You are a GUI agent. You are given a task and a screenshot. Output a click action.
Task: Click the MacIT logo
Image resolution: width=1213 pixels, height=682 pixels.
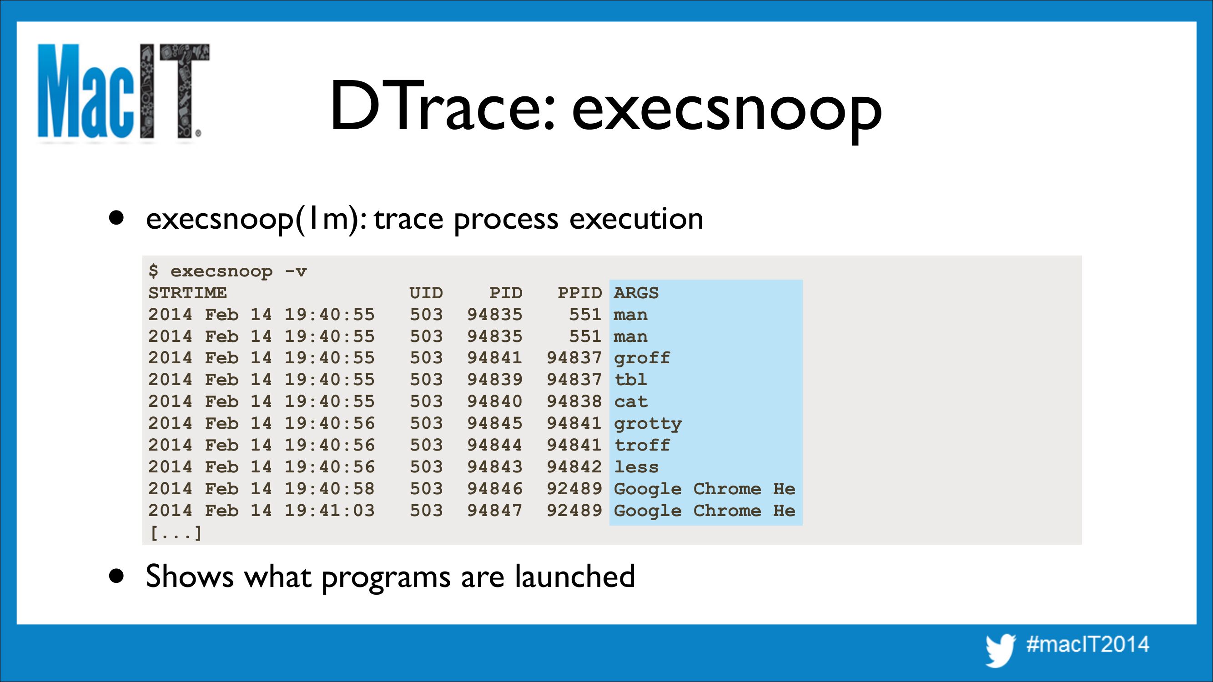point(123,92)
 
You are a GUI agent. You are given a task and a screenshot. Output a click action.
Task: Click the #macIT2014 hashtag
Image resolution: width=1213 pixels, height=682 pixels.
point(1088,644)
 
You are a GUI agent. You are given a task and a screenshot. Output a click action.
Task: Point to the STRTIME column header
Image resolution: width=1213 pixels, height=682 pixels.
point(187,293)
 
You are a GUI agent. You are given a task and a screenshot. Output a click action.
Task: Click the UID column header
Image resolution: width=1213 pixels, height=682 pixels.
point(426,293)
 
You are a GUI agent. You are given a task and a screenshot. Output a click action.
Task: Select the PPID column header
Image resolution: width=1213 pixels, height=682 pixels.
point(579,293)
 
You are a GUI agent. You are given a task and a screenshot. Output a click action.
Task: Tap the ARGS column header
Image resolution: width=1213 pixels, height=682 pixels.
point(636,293)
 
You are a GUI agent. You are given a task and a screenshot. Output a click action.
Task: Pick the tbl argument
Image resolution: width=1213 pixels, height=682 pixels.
point(630,380)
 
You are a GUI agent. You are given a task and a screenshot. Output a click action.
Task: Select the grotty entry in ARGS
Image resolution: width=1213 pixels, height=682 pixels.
point(648,424)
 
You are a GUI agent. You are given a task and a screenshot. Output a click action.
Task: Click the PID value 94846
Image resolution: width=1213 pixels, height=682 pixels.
point(494,489)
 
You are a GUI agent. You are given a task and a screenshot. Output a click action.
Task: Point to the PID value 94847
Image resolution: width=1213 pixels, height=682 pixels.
point(494,511)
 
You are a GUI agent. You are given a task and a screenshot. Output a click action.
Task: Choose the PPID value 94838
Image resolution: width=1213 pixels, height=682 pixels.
point(574,401)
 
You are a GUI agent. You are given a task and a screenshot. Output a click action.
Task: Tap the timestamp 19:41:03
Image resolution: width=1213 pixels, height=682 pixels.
point(329,511)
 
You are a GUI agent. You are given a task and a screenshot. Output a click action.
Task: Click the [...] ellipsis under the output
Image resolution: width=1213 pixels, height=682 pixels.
point(176,533)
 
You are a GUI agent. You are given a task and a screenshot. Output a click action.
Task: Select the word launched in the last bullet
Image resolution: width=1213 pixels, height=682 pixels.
point(574,576)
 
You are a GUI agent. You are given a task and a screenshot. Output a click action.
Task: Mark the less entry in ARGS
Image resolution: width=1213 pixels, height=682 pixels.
point(636,467)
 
